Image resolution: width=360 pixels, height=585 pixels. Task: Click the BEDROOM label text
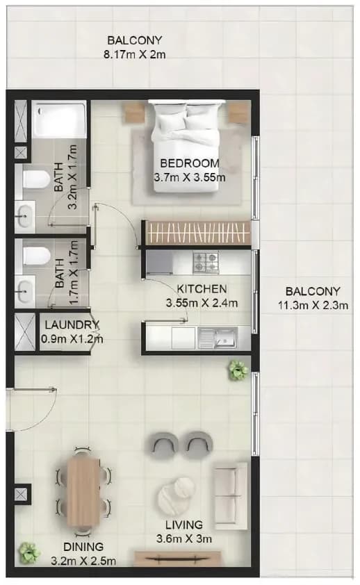(x=190, y=163)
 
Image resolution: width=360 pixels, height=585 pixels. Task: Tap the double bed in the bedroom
(x=186, y=146)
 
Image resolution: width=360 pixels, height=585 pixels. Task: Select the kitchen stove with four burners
(x=205, y=262)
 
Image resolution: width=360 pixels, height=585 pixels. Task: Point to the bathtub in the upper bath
(x=59, y=120)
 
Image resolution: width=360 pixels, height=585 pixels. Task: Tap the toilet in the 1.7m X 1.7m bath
(x=36, y=256)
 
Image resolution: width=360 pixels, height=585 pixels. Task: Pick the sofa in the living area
(x=230, y=496)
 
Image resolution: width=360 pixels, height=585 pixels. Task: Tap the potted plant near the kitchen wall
(x=238, y=370)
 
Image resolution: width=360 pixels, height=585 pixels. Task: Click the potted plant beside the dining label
(x=29, y=552)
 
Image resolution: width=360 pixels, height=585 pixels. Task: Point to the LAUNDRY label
(x=72, y=325)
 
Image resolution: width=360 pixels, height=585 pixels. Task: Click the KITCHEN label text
(x=202, y=289)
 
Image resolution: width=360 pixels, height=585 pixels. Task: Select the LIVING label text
(x=184, y=525)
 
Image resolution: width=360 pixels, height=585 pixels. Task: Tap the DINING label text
(x=83, y=547)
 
